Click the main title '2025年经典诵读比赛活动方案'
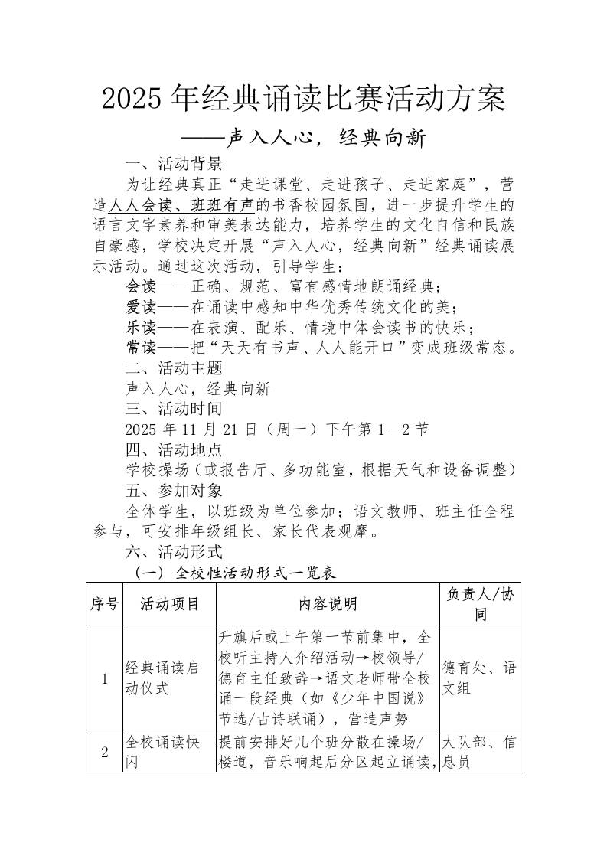pos(303,99)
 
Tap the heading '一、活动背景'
pos(173,163)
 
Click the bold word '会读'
pos(141,288)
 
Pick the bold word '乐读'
pos(141,328)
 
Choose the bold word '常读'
pos(141,349)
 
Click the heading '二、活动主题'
pos(173,369)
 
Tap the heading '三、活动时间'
pos(173,410)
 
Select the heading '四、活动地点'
pos(173,450)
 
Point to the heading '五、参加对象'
pos(173,491)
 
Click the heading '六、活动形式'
pos(173,552)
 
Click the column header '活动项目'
pos(169,604)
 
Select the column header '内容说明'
pos(328,604)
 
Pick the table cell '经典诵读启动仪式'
pos(164,678)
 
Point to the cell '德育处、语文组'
pos(479,678)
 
